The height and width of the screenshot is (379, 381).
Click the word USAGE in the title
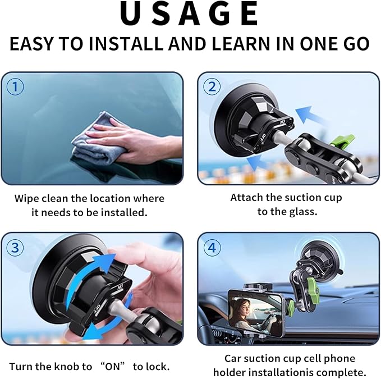(x=190, y=16)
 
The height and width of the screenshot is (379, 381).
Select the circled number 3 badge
(x=15, y=246)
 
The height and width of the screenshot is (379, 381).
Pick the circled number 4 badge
(x=212, y=246)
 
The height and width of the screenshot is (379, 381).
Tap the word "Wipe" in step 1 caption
(x=27, y=198)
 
